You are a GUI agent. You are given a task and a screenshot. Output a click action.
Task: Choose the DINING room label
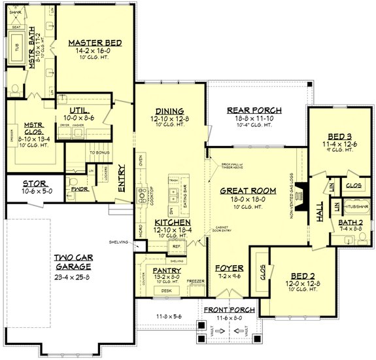tap(169, 111)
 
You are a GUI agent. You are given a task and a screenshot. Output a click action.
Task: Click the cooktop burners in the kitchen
tap(141, 195)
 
